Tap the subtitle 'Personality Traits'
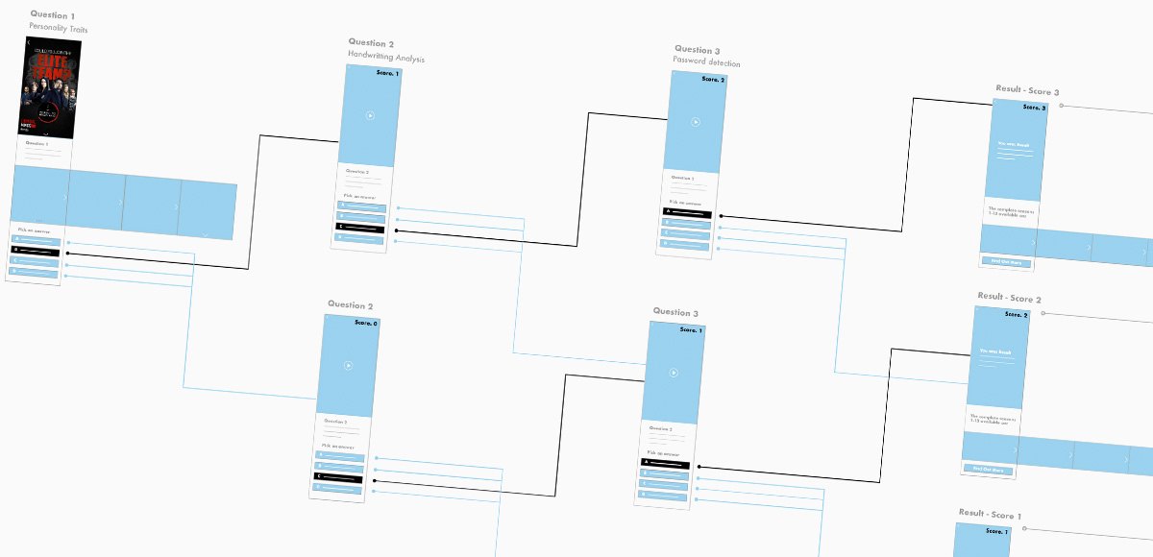tap(58, 29)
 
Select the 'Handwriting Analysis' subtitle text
tap(385, 58)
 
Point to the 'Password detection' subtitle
tap(706, 63)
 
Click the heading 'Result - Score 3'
tap(1027, 90)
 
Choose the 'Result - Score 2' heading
tap(1009, 299)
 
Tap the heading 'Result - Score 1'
tap(990, 515)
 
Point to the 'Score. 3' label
tap(1034, 108)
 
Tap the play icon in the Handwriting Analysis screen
tap(370, 115)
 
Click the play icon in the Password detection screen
tap(696, 122)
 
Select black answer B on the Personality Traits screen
tap(36, 252)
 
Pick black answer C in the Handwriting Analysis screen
tap(360, 229)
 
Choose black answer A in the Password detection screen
tap(688, 211)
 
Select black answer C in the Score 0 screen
tap(339, 476)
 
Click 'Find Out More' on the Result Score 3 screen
tap(1006, 262)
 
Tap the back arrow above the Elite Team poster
tap(29, 43)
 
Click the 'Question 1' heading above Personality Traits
tap(49, 14)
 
